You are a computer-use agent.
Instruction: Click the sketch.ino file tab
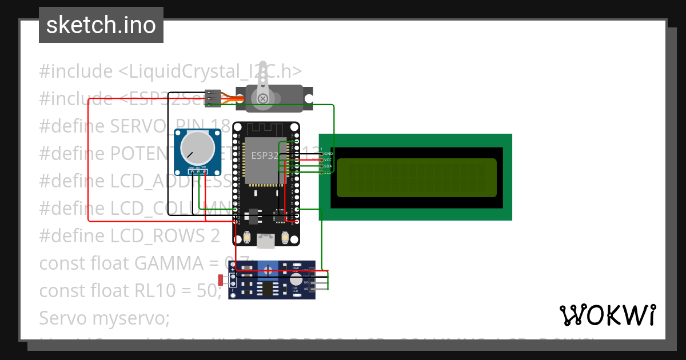[x=101, y=25]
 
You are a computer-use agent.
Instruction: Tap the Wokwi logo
[x=607, y=315]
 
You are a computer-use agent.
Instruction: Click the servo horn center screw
[x=263, y=99]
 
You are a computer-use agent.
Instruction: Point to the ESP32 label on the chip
[x=265, y=155]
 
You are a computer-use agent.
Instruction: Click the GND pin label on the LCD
[x=328, y=154]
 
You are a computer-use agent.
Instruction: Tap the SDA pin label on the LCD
[x=328, y=166]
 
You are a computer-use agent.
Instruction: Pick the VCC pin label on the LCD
[x=328, y=160]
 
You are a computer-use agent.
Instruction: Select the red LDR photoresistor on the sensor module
[x=221, y=279]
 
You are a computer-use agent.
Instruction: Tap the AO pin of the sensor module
[x=307, y=289]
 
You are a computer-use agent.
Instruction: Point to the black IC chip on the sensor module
[x=267, y=289]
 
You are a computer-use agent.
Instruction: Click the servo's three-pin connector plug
[x=213, y=98]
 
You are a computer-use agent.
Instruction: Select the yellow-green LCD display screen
[x=416, y=178]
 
